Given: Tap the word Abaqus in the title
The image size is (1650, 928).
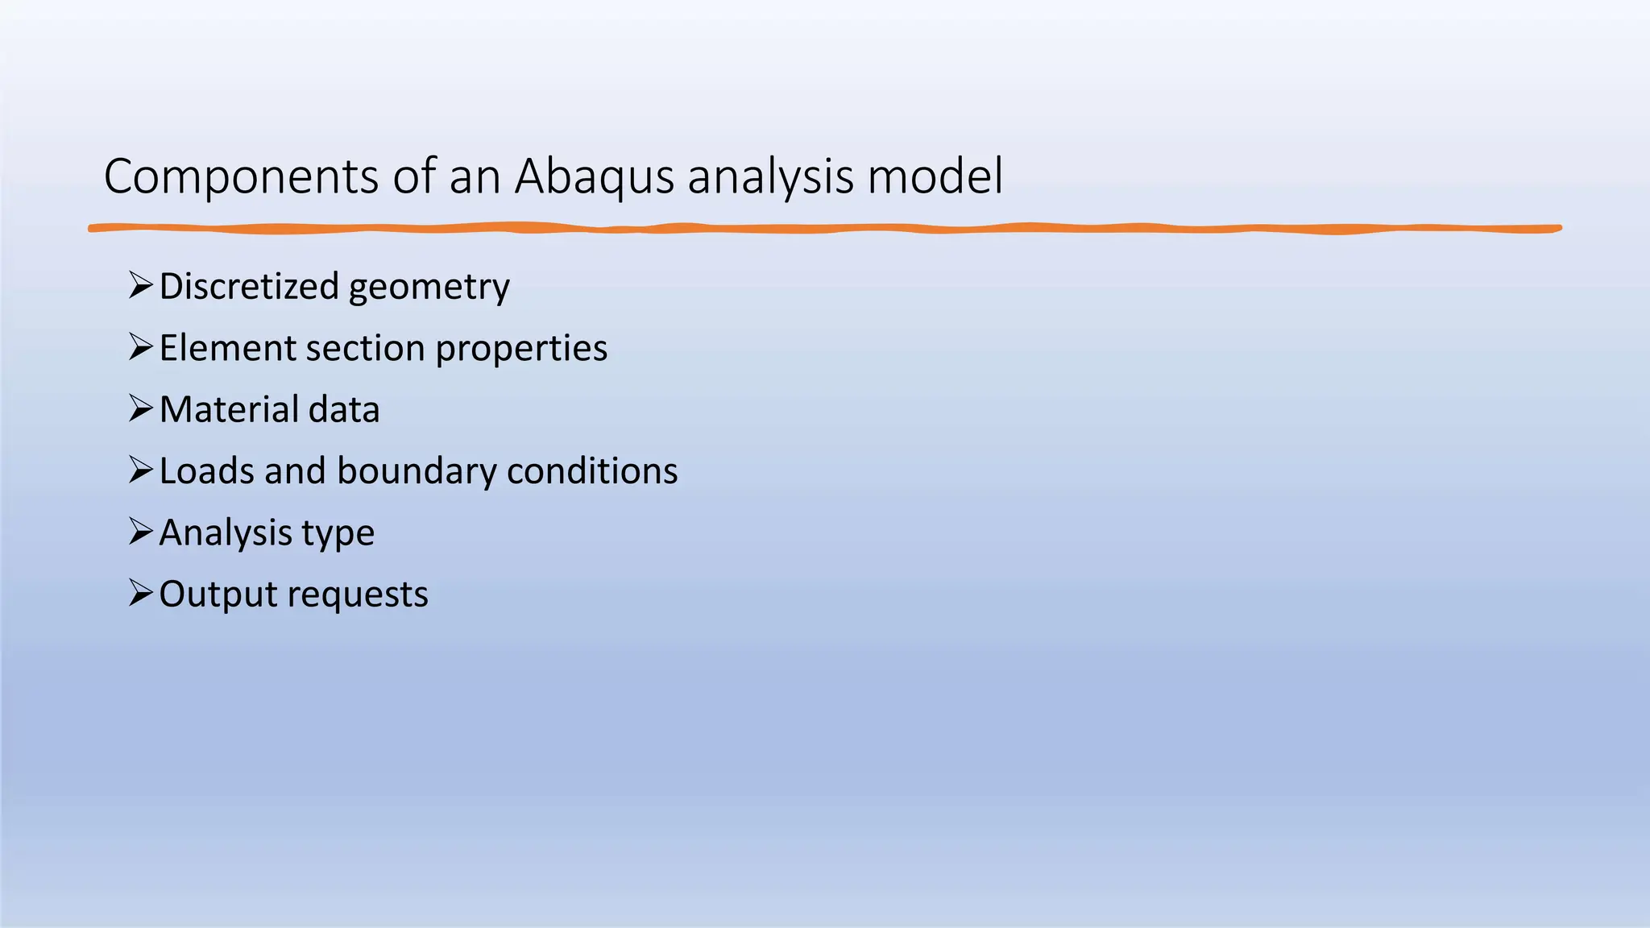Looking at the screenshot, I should click(594, 176).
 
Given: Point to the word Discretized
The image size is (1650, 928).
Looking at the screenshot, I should click(249, 286).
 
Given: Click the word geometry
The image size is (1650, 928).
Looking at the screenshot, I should click(429, 288).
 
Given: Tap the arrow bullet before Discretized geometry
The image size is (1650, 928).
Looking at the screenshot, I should click(140, 285).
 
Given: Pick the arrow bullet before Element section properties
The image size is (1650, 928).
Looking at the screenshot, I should click(140, 347).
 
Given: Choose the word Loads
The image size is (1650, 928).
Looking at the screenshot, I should click(206, 470).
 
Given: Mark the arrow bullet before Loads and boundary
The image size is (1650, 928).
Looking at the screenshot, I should click(140, 470).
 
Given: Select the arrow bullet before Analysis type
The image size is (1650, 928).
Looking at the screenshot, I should click(140, 532).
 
